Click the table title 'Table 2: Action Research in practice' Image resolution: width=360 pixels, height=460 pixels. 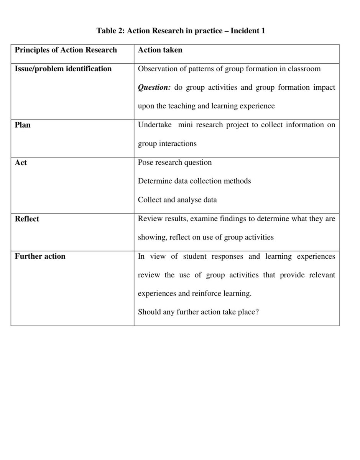click(x=180, y=31)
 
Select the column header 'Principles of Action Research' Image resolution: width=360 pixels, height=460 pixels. click(x=66, y=50)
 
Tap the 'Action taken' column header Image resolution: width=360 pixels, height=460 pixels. click(x=160, y=50)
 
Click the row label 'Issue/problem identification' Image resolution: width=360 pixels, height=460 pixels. click(x=63, y=69)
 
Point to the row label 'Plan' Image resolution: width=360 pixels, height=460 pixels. click(x=23, y=125)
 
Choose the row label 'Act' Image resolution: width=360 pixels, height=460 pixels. click(x=21, y=163)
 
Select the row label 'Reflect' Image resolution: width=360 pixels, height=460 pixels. click(x=27, y=219)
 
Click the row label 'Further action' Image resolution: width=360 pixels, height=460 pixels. click(x=40, y=256)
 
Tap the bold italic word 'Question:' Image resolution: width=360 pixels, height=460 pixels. click(x=154, y=88)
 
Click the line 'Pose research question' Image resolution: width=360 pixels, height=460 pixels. click(x=174, y=163)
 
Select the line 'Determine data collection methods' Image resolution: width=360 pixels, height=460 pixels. click(x=194, y=181)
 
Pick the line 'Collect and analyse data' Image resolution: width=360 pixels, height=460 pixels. click(x=177, y=200)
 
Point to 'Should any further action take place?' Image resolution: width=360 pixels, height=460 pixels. click(x=198, y=312)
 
